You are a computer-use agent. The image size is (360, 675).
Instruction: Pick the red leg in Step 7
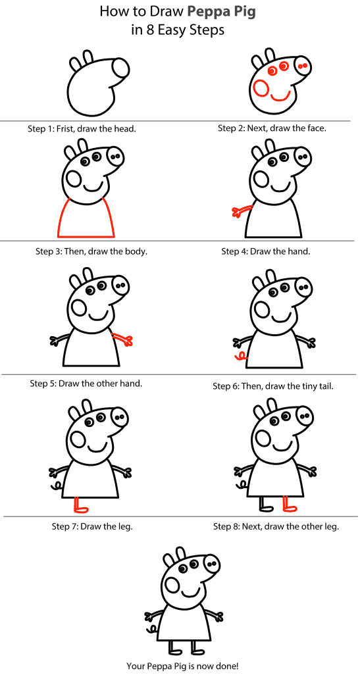click(80, 505)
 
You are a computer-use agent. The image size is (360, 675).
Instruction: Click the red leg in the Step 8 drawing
click(288, 505)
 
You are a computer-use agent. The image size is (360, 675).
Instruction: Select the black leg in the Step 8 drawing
click(265, 505)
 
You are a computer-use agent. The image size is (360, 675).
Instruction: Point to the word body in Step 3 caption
click(136, 251)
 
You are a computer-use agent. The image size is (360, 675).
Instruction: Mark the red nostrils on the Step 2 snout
click(303, 66)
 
